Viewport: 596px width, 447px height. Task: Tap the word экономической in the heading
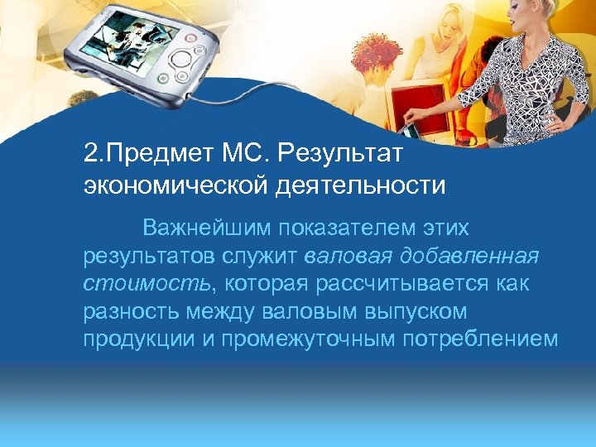(172, 185)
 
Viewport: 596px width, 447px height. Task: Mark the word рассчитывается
(397, 285)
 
